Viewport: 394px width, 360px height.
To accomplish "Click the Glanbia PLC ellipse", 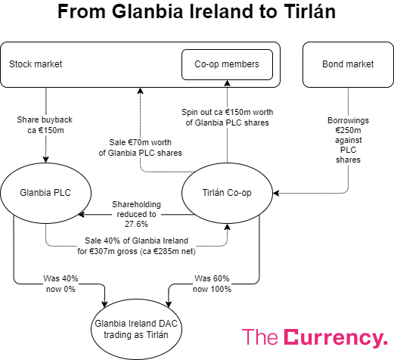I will point(45,193).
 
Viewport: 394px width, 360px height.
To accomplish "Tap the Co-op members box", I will point(226,64).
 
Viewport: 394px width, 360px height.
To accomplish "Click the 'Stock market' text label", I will point(35,64).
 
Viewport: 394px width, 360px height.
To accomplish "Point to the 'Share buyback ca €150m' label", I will point(47,125).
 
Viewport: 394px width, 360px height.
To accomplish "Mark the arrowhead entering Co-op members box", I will point(227,83).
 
